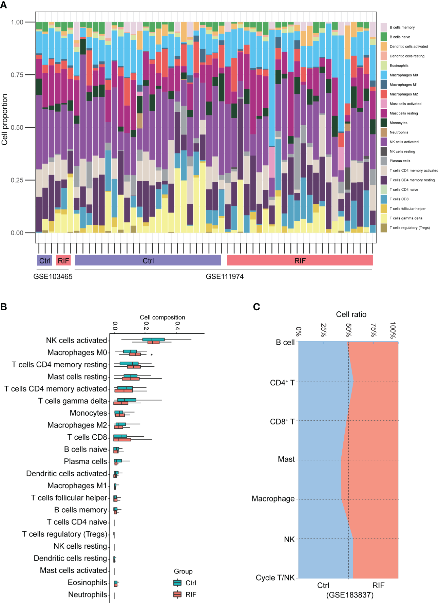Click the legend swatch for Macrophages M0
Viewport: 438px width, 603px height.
click(384, 75)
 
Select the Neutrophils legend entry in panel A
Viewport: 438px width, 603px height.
click(399, 132)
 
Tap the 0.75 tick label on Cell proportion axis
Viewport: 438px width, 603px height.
click(17, 75)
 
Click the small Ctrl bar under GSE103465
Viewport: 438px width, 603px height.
click(45, 261)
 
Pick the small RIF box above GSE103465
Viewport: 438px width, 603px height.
click(63, 261)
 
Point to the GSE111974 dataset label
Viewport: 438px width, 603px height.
click(225, 276)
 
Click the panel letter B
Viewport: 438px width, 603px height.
click(4, 307)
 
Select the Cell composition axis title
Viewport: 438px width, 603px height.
click(162, 317)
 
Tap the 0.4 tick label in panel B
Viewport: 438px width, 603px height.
click(177, 326)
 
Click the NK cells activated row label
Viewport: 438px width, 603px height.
click(76, 341)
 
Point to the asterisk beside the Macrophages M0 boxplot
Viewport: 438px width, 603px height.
click(151, 355)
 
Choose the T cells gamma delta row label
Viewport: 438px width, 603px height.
click(72, 401)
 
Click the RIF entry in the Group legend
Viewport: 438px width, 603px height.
click(191, 595)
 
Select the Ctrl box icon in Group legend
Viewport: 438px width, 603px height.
click(177, 583)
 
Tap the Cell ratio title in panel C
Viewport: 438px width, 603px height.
click(351, 314)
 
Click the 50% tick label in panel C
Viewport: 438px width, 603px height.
click(348, 330)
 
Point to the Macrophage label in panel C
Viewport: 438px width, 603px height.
click(273, 499)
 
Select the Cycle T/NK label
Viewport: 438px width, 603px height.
click(275, 578)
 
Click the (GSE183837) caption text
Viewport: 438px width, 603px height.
click(350, 595)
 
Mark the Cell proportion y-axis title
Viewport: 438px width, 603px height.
click(4, 120)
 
